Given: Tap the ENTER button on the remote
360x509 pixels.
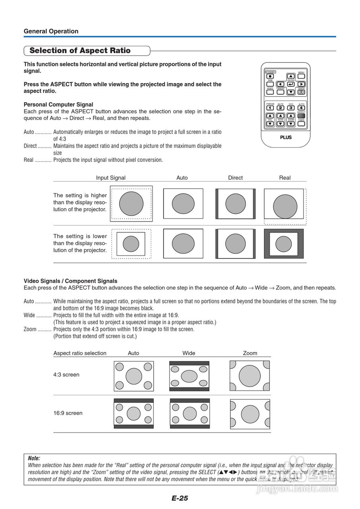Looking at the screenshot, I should coord(291,84).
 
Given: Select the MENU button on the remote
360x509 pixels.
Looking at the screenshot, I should coord(301,76).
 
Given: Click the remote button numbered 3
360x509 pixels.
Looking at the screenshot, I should coord(291,108).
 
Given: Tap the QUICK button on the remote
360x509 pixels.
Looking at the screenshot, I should coord(301,92).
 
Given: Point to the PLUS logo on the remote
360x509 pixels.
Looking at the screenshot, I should coord(286,137).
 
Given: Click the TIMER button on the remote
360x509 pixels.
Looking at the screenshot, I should coord(301,124).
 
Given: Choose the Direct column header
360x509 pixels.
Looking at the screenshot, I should coord(235,178).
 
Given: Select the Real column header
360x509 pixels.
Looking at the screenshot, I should coord(285,178).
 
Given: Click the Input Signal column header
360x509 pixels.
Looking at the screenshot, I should coord(110,178).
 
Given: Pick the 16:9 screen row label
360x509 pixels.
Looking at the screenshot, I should coord(68,413).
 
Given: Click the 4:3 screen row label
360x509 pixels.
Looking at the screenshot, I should coord(66,375).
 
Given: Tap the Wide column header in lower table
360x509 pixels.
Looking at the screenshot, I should coord(189,353).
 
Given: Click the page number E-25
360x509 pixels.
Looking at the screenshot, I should coord(180,498).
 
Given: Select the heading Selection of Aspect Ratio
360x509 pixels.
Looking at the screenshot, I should coord(80,51).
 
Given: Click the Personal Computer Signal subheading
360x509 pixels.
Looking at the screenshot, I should coord(58,105).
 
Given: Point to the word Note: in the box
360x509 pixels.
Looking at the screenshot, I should coord(34,458).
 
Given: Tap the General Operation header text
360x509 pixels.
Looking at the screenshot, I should coord(51,31).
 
